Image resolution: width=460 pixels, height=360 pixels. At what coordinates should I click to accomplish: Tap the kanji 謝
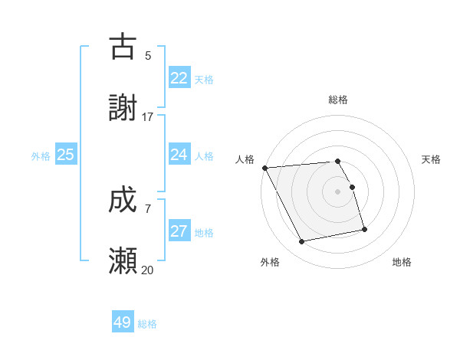pos(123,108)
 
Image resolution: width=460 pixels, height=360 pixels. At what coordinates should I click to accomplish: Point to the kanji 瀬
pos(123,261)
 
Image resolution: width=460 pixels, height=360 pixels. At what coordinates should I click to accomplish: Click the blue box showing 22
pos(179,78)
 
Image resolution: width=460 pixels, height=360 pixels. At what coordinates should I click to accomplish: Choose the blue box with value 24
pos(179,155)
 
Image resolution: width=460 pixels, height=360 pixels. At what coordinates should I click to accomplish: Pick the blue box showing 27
pos(179,231)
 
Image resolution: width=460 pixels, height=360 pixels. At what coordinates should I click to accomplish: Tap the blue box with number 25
pos(66,155)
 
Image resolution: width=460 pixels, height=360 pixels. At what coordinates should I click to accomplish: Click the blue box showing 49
pos(123,322)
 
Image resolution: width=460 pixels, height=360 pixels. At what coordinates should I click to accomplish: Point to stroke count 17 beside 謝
pos(148,117)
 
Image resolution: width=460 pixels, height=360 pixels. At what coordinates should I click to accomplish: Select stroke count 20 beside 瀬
pos(148,270)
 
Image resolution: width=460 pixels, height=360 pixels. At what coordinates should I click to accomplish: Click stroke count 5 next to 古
pos(148,55)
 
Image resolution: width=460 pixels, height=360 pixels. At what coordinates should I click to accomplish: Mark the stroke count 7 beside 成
pos(148,208)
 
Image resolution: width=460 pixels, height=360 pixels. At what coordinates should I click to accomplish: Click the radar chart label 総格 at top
pos(338,100)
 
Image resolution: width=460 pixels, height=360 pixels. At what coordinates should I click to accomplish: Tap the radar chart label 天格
pos(431,159)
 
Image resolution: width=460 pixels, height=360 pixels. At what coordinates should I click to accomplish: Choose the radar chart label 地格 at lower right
pos(402,262)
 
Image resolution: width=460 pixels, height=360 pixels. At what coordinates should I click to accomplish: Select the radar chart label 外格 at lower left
pos(270,262)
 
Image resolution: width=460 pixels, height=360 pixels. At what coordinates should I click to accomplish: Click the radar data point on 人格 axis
pos(264,168)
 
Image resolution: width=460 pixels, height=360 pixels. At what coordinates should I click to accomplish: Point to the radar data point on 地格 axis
pos(364,228)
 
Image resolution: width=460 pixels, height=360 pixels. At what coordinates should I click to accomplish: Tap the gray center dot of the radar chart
pos(338,191)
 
